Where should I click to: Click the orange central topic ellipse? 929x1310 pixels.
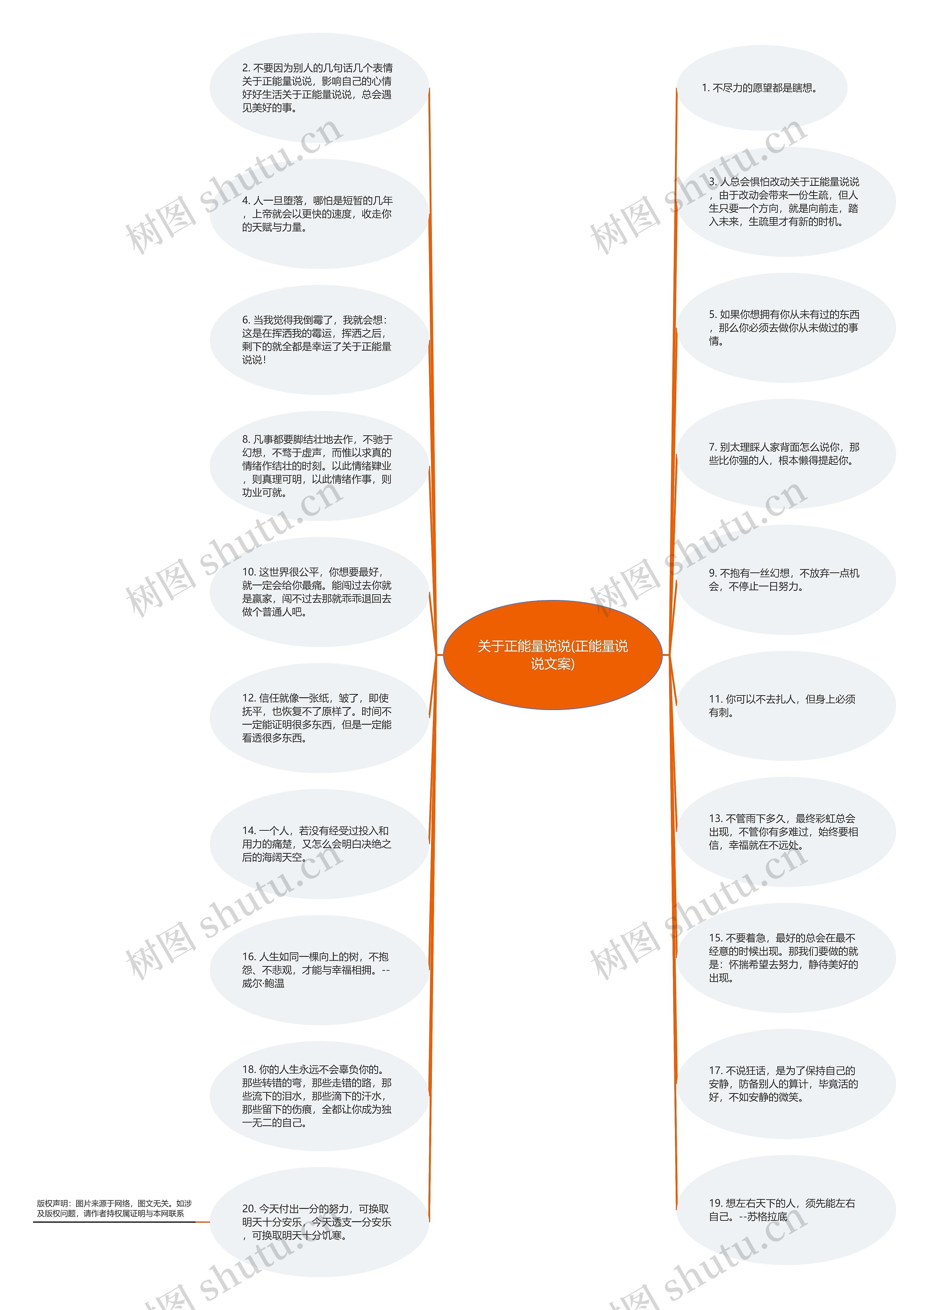pyautogui.click(x=553, y=655)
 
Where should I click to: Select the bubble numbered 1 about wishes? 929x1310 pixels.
pyautogui.click(x=761, y=88)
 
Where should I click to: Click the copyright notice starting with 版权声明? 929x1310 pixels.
pyautogui.click(x=114, y=1208)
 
